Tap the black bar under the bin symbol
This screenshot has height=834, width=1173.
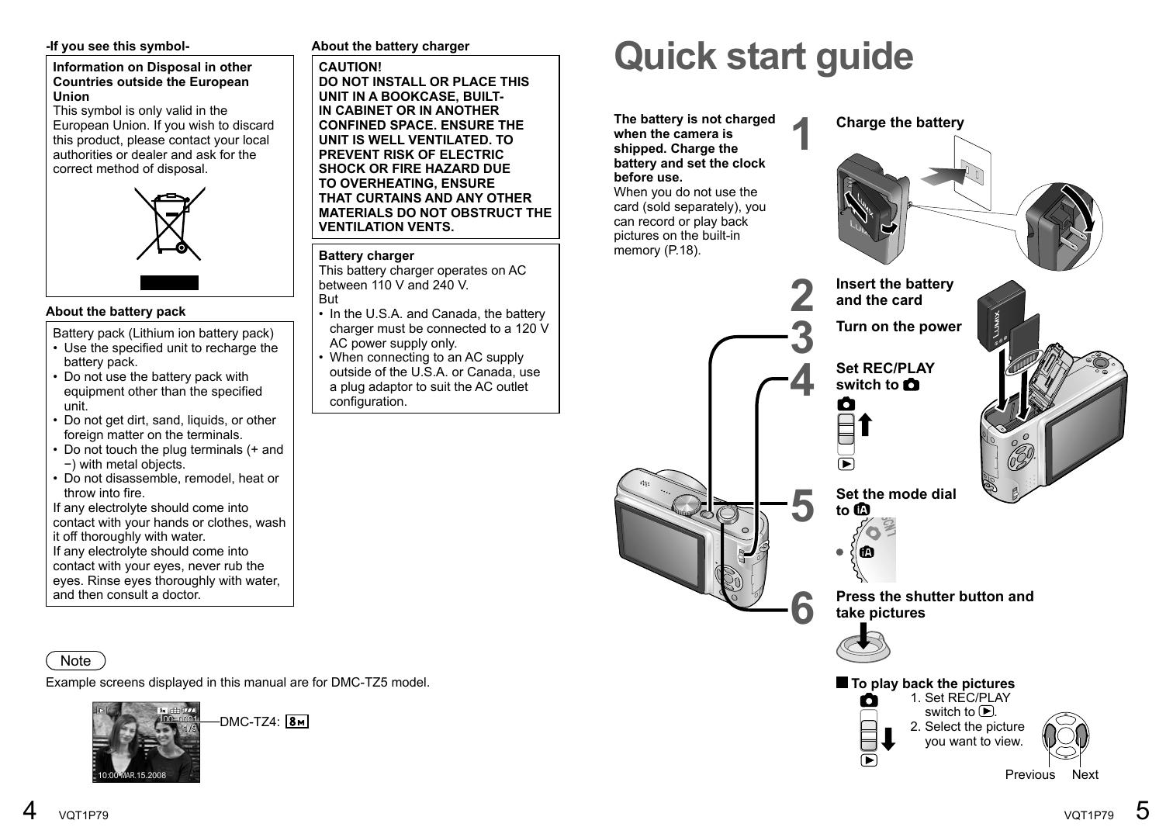[x=169, y=282]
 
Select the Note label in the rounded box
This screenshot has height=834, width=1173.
[x=76, y=661]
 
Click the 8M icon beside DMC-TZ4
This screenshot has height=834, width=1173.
[x=297, y=722]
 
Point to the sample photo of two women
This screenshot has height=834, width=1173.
[x=146, y=742]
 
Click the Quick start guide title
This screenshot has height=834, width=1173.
[x=763, y=57]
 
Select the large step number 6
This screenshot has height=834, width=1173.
[x=802, y=607]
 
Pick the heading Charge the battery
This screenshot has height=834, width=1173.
[x=900, y=123]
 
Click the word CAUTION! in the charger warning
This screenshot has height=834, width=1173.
[x=350, y=67]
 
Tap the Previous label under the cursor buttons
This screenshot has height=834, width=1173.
[x=1029, y=774]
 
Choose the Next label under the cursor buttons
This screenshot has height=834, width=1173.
[x=1085, y=774]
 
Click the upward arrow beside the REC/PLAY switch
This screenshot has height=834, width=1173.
[x=866, y=425]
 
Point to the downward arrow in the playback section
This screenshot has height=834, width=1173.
[x=888, y=739]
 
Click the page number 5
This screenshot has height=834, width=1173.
[x=1142, y=811]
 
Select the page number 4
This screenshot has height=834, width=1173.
[x=29, y=811]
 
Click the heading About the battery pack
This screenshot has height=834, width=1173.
[x=116, y=312]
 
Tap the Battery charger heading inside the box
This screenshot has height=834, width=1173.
[x=366, y=256]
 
